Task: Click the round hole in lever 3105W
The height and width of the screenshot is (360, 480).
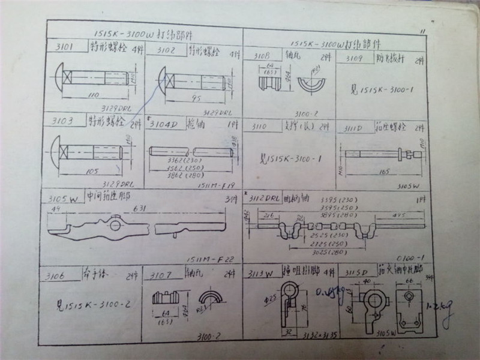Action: coord(115,226)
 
